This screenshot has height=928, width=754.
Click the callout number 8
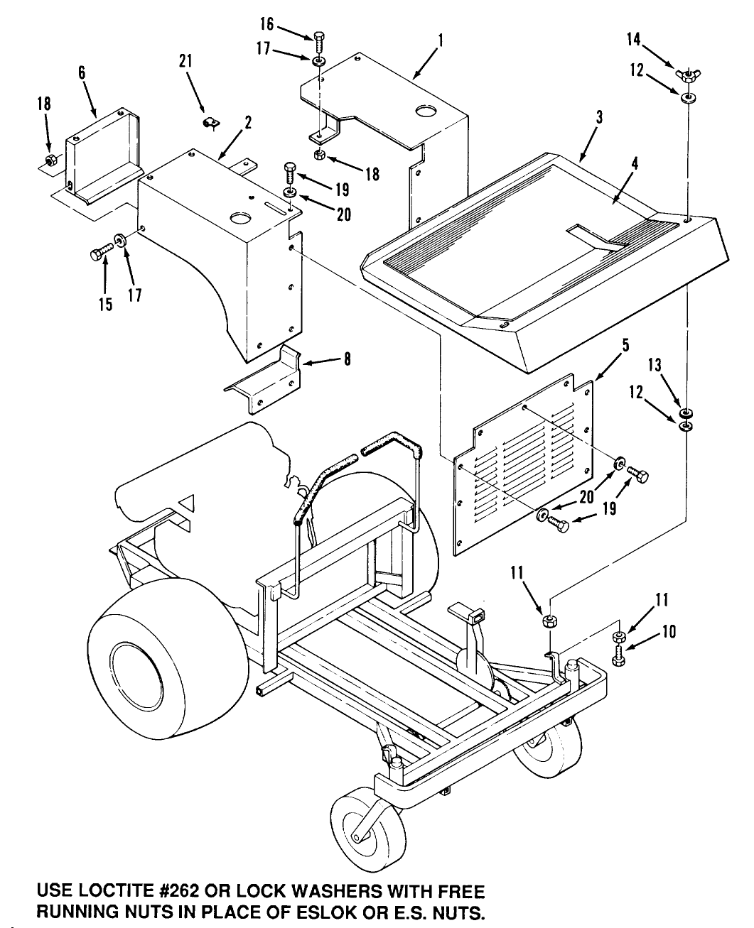coord(348,360)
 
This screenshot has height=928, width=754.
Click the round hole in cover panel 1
coord(426,111)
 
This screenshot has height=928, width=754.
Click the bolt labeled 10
coord(618,656)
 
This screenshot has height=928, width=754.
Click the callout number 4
coord(635,163)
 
